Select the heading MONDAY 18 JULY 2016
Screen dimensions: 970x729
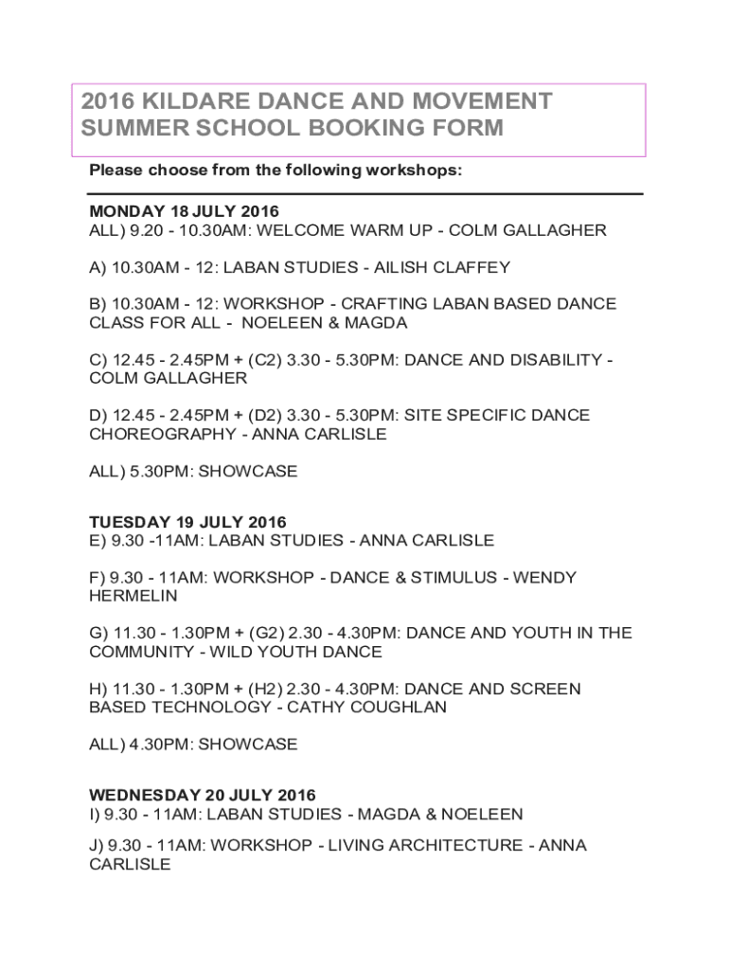[x=184, y=211]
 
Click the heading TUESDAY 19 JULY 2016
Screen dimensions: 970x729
[x=187, y=522]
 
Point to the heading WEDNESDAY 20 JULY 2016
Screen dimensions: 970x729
[x=203, y=795]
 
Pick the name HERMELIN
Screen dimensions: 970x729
[x=133, y=596]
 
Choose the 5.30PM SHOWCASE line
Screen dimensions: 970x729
[x=193, y=471]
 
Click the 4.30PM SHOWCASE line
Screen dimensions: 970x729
[x=193, y=744]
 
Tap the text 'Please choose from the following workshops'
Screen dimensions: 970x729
[x=276, y=171]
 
